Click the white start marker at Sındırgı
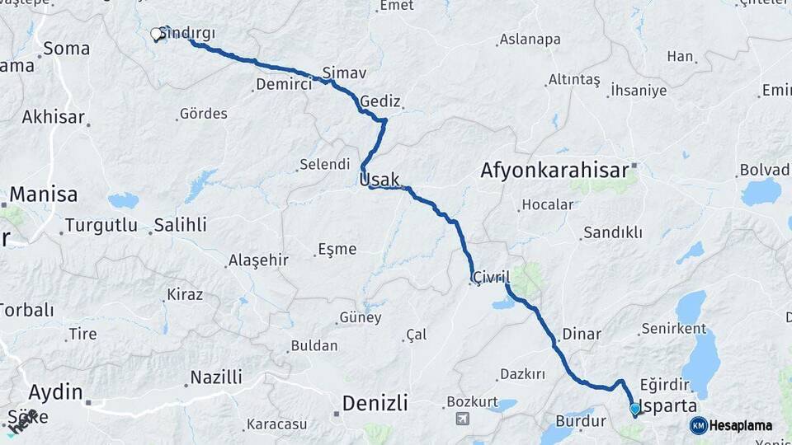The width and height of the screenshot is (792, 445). [x=156, y=35]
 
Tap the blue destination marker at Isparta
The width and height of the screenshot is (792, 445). [x=634, y=409]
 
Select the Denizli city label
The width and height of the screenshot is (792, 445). [x=375, y=403]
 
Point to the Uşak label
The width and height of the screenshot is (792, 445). [x=379, y=180]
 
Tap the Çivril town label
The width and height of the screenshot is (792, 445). [x=491, y=277]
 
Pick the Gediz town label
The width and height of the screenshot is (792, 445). [x=380, y=101]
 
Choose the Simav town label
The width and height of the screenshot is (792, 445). [x=344, y=73]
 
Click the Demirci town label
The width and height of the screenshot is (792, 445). [x=283, y=84]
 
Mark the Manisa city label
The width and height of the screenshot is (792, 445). [x=44, y=194]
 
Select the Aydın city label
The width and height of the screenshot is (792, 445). [x=55, y=391]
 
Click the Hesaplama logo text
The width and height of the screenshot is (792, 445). [x=741, y=426]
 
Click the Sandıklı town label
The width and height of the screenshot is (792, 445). [x=612, y=232]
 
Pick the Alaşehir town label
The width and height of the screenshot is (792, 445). [x=257, y=260]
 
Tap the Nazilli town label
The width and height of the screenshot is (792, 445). [x=216, y=377]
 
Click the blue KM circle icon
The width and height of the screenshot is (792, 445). [x=699, y=426]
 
